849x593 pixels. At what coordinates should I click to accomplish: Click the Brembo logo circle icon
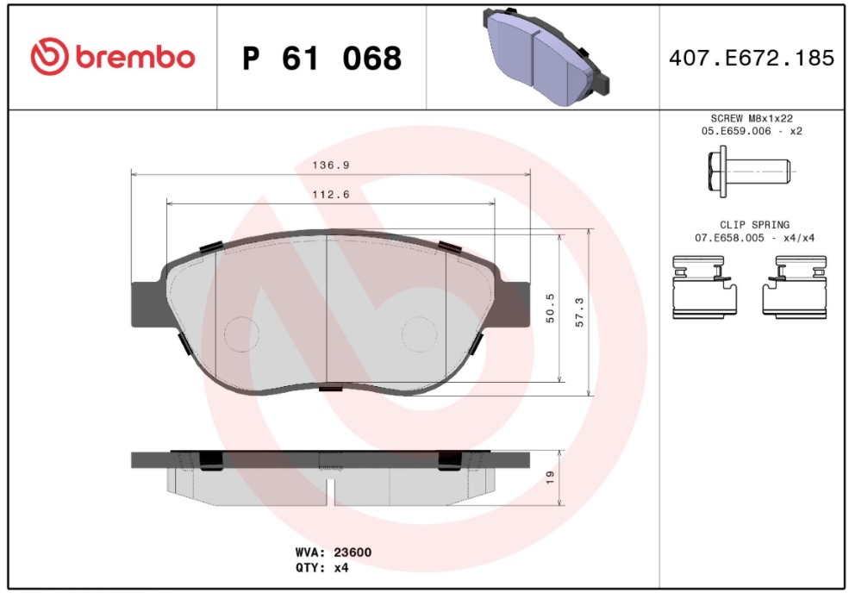point(49,56)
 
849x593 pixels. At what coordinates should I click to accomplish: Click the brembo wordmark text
point(134,57)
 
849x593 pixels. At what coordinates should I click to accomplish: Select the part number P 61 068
point(322,58)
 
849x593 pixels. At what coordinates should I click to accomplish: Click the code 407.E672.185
point(752,58)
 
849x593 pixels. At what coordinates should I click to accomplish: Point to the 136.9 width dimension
point(331,165)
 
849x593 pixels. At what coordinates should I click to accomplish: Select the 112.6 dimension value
point(331,195)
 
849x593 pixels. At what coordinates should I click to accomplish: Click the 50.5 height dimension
point(550,309)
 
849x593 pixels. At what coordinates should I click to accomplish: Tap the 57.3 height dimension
point(579,313)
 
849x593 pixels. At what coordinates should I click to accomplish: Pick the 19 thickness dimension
point(550,478)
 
